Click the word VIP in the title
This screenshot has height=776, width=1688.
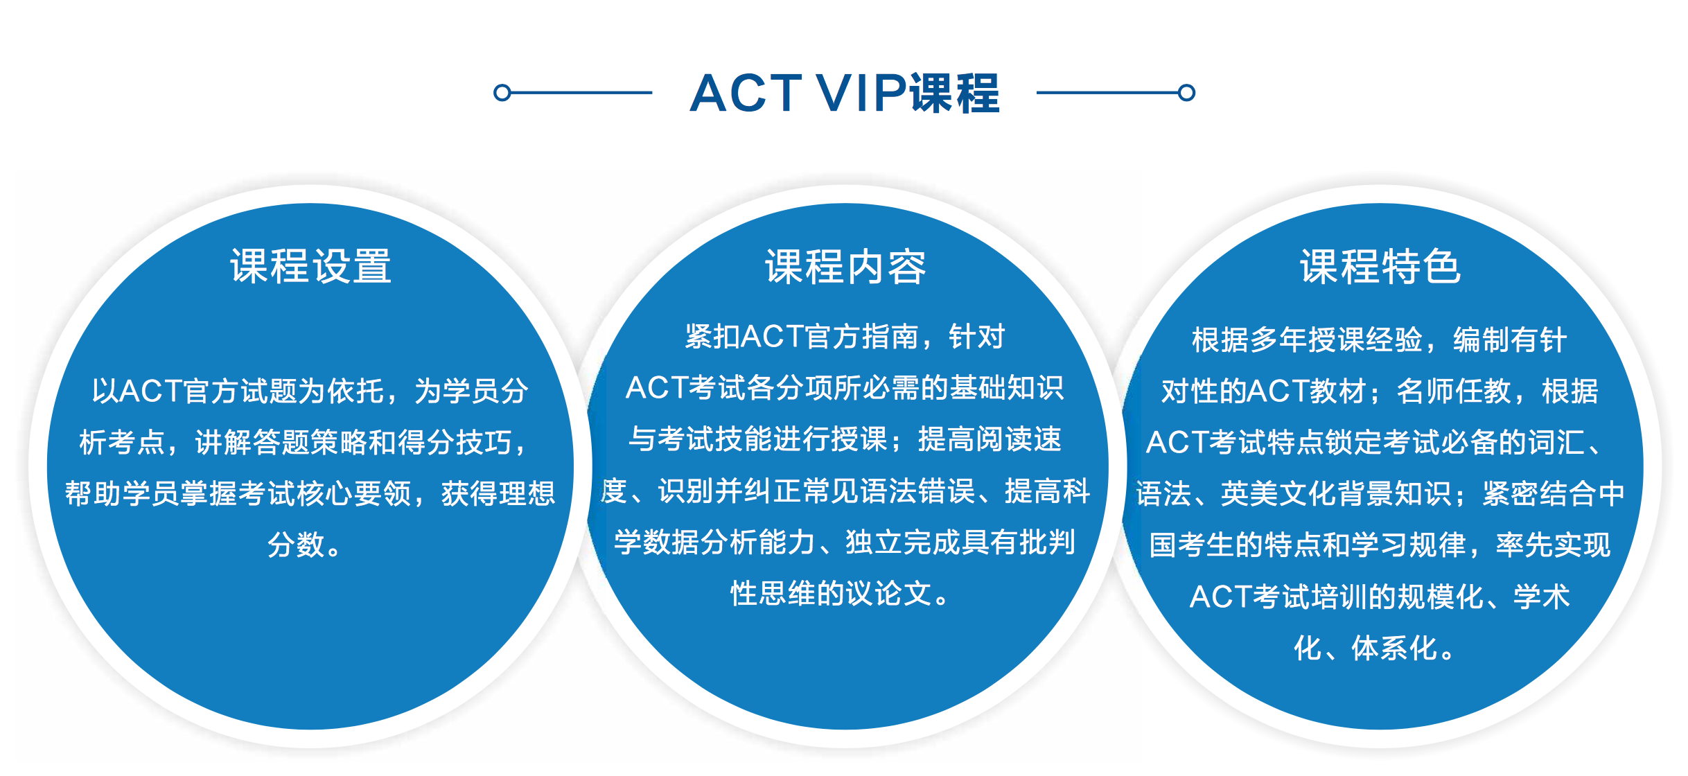pyautogui.click(x=861, y=93)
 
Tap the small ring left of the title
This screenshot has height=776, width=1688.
pyautogui.click(x=502, y=92)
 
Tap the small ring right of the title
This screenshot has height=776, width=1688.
pyautogui.click(x=1186, y=92)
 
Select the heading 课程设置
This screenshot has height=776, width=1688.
pyautogui.click(x=311, y=266)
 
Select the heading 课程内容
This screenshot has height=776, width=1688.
pyautogui.click(x=845, y=266)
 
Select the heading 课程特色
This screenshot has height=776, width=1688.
pyautogui.click(x=1380, y=266)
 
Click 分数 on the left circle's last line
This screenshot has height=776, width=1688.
pyautogui.click(x=296, y=545)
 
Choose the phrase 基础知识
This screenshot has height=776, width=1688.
pyautogui.click(x=1006, y=388)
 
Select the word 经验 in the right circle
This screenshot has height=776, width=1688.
pyautogui.click(x=1394, y=339)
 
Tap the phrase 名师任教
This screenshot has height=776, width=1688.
pyautogui.click(x=1454, y=391)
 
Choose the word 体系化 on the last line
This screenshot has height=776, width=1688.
pyautogui.click(x=1394, y=649)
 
